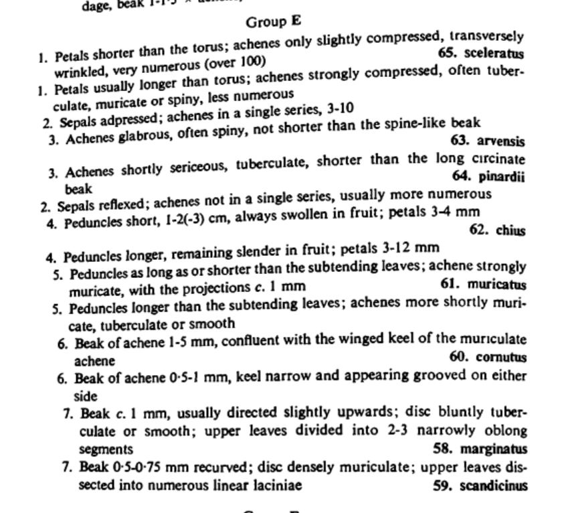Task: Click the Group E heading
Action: (273, 22)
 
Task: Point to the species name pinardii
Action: (502, 177)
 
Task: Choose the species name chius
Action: (510, 230)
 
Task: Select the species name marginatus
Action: (493, 449)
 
